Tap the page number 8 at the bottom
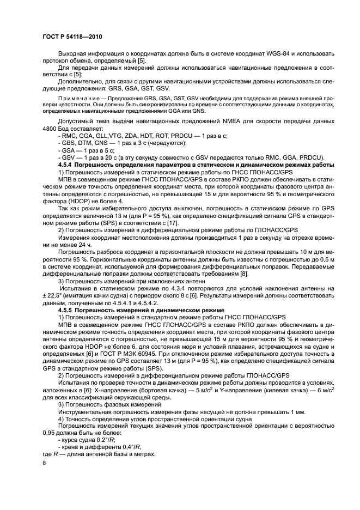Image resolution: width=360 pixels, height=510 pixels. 44,463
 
